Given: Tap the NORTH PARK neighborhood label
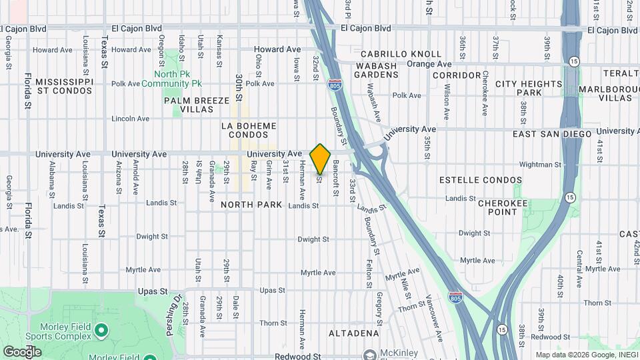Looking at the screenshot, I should pos(252,205).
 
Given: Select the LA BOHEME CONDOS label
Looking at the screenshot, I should pos(248,129).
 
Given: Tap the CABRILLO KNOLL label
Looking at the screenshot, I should pos(401,54).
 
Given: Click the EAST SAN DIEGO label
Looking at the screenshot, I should pos(552,134).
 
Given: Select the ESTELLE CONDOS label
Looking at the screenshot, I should pos(481,180).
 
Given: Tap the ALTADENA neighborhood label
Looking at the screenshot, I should pos(357,333).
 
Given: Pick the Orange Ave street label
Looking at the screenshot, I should pos(429,64).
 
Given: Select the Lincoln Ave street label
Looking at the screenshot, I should pos(130,119).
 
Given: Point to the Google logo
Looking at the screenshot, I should pos(22,351).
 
